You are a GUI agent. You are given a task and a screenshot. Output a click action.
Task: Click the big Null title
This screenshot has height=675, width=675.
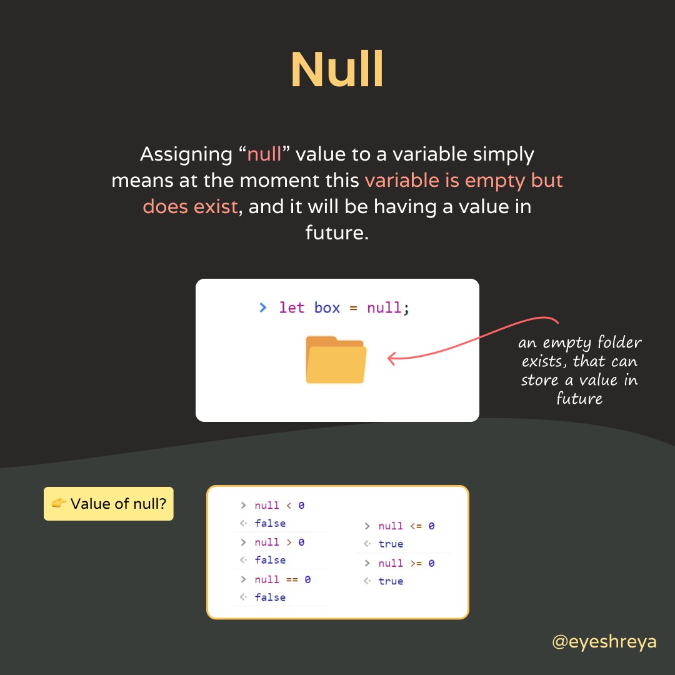click(337, 69)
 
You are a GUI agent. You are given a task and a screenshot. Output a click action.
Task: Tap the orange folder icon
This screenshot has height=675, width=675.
click(336, 359)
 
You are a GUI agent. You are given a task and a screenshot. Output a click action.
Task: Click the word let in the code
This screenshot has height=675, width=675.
click(292, 307)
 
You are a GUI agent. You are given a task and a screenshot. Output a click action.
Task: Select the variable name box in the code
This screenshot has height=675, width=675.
click(327, 307)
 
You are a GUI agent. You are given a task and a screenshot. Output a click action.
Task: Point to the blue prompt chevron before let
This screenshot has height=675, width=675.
click(263, 307)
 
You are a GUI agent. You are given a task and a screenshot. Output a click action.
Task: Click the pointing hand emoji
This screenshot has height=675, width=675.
click(59, 504)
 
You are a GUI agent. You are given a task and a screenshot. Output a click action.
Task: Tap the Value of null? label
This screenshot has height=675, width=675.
click(118, 504)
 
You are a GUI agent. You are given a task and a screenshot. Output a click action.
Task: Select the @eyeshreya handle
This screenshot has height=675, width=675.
click(604, 641)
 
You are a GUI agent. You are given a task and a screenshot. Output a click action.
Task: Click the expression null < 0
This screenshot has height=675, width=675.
click(279, 506)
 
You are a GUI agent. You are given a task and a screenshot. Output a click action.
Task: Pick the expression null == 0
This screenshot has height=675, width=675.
click(282, 579)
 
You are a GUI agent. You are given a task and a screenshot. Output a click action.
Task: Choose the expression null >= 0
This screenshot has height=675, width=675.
click(406, 563)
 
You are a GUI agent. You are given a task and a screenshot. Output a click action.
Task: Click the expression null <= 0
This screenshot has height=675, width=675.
click(406, 526)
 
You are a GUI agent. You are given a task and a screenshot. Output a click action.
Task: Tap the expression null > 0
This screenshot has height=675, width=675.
click(279, 542)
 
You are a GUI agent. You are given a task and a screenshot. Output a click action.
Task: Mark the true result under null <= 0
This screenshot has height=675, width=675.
click(391, 544)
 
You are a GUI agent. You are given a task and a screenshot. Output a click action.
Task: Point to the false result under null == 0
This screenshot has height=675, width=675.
click(270, 597)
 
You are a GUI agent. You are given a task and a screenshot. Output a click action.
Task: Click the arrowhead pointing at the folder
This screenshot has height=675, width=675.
click(392, 359)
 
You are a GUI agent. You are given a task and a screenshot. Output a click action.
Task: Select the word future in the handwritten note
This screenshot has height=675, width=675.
click(579, 398)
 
